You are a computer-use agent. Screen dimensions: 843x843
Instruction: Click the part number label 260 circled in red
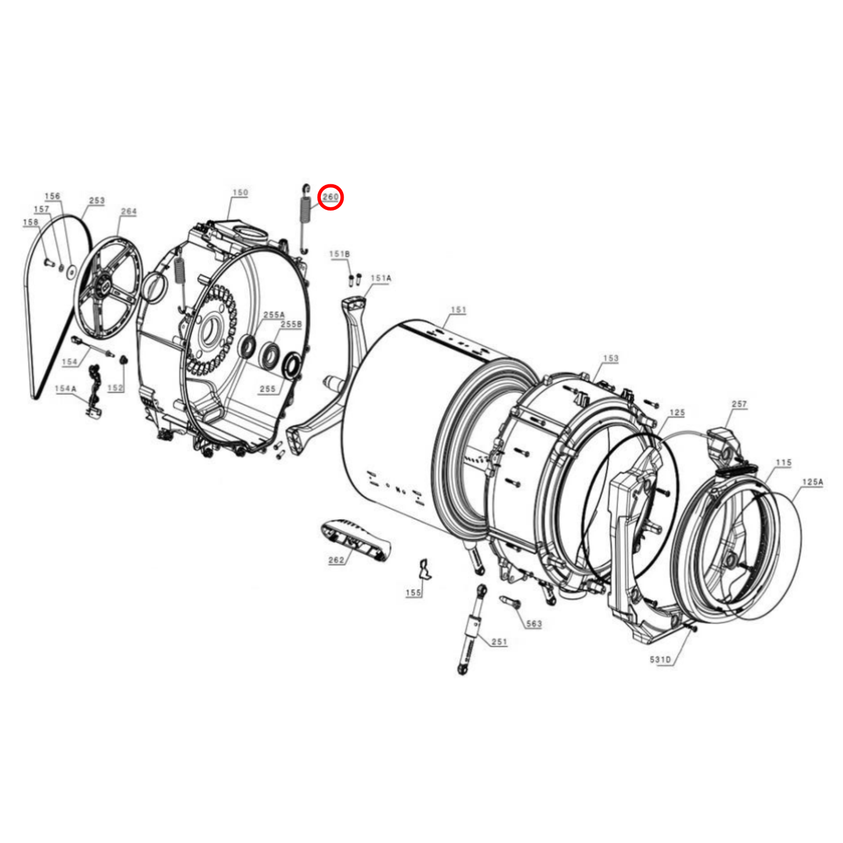point(330,197)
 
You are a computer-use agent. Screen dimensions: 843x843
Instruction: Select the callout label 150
point(240,193)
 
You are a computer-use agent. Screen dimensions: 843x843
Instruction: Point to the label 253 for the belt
point(97,201)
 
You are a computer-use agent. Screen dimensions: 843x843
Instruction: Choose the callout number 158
point(30,222)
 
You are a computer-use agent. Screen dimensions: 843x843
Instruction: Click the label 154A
point(65,389)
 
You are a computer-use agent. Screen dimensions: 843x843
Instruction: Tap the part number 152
point(116,388)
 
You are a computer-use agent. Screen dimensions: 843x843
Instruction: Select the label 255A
point(274,315)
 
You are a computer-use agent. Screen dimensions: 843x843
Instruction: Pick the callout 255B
point(291,324)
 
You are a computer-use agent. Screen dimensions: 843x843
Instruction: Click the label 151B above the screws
point(340,254)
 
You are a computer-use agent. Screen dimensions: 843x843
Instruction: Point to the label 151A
point(381,278)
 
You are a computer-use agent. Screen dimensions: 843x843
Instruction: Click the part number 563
point(534,624)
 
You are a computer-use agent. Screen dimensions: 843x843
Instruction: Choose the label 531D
point(660,660)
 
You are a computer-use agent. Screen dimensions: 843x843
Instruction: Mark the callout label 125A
point(812,482)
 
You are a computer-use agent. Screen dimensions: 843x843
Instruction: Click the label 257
point(739,404)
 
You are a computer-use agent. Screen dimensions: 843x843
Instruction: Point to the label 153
point(611,358)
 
